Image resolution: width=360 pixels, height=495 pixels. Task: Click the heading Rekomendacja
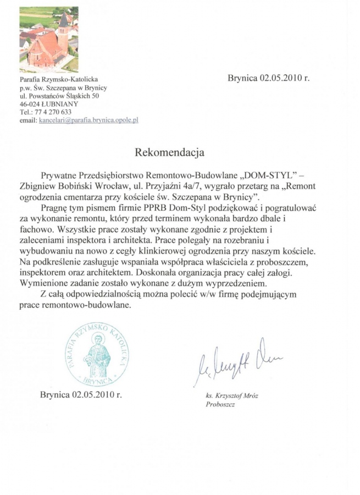click(169, 150)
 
